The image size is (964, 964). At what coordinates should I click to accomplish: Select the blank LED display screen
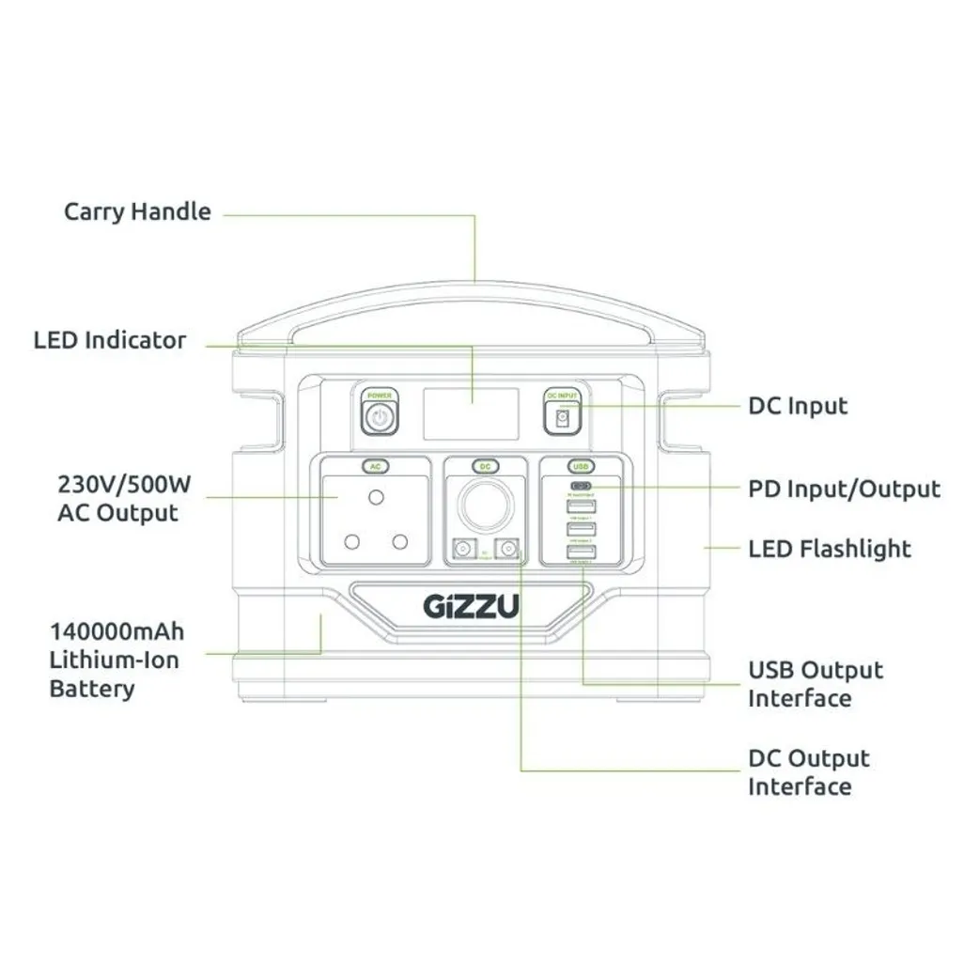[471, 413]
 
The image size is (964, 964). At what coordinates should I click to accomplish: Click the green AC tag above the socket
[376, 466]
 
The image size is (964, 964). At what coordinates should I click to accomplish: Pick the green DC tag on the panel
[485, 466]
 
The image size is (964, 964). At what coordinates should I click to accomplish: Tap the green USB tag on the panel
[581, 466]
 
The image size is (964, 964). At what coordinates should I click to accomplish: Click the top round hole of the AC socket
[377, 496]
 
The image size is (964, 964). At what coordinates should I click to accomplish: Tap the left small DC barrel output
[462, 550]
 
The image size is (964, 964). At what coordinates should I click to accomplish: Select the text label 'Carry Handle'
[137, 211]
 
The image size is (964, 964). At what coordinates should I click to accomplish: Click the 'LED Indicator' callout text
[110, 340]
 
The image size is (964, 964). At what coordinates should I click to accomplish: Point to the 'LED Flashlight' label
[830, 549]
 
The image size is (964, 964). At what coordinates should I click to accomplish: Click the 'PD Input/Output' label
[844, 490]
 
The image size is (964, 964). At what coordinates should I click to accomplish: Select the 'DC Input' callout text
[798, 407]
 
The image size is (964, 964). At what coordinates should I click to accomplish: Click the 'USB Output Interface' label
[816, 684]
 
